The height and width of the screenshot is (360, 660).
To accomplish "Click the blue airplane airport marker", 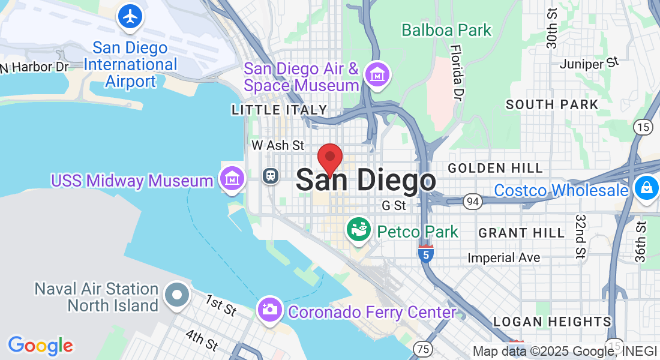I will click(x=130, y=17).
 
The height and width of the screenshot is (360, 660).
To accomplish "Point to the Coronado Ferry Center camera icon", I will click(x=270, y=310).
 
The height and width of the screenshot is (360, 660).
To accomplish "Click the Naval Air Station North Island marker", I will click(x=178, y=295).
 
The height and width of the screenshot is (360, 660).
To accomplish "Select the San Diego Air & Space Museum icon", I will click(x=378, y=75).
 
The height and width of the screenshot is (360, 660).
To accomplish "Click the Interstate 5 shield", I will click(x=425, y=254).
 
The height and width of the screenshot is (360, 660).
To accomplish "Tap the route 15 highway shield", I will click(x=643, y=127).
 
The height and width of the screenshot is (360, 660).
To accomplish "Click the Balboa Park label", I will click(x=446, y=30).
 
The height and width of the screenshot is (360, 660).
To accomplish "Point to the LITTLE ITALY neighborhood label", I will click(x=280, y=110).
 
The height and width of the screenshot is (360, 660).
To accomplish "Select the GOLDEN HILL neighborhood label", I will click(x=495, y=168).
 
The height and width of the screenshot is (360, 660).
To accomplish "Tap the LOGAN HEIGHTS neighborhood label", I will click(x=552, y=322).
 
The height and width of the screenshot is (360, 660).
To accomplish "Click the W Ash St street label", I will click(x=278, y=145).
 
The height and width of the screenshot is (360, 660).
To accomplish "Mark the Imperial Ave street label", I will click(x=504, y=258).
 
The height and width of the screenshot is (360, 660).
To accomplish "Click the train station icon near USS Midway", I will click(x=271, y=176).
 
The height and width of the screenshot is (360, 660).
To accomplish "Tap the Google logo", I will click(x=40, y=346).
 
